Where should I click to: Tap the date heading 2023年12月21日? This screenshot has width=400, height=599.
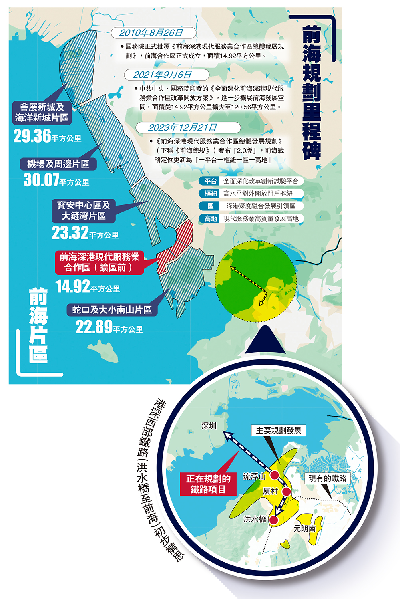point(183,127)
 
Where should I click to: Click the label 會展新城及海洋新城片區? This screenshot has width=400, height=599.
point(42,112)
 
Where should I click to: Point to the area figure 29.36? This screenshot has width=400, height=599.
point(32,136)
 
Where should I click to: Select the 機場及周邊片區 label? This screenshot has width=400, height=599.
point(58,164)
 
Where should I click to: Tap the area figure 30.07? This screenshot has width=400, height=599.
point(41,180)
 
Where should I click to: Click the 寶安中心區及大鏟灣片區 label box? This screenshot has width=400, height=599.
point(84,210)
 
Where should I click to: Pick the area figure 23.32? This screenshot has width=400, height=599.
point(70,233)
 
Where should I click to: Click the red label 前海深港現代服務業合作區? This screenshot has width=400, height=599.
point(100,262)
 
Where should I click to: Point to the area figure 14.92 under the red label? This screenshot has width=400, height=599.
point(73,286)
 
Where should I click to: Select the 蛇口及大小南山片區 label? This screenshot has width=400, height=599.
point(112,310)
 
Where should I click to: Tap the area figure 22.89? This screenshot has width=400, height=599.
point(94,327)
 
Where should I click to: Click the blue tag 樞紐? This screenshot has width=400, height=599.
point(211,194)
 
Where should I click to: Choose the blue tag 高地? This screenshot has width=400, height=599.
point(211,218)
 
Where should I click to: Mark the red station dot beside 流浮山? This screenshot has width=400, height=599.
point(275,475)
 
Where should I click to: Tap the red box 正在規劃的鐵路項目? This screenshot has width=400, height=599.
point(208,484)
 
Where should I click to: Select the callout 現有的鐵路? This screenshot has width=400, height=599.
point(328,478)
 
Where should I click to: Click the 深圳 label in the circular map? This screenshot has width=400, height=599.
point(209,426)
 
